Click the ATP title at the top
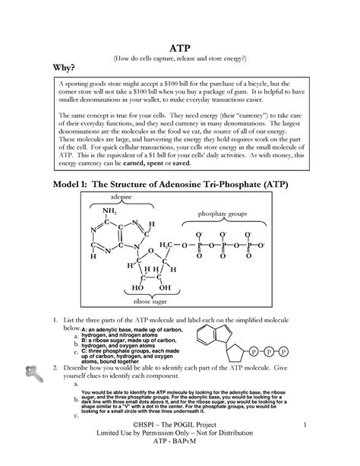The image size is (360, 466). (x=179, y=45)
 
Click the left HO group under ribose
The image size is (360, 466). (x=137, y=288)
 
